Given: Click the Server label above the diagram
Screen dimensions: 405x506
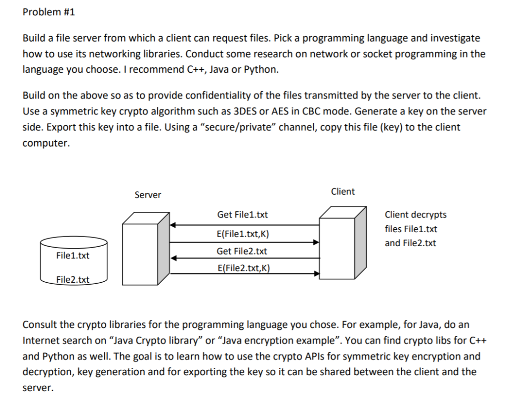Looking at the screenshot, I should [148, 195].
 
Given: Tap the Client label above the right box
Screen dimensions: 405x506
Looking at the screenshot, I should [342, 192].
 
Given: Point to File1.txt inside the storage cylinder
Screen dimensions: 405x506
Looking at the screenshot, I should [73, 255].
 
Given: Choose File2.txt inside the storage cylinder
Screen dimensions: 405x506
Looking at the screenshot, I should [73, 280].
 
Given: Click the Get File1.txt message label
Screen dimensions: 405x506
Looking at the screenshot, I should [243, 215].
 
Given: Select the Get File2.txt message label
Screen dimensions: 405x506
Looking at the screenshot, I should [242, 252].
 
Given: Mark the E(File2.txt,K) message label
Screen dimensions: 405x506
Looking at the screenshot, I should [243, 269].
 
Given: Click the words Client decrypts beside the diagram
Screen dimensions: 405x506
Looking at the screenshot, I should [415, 215].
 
